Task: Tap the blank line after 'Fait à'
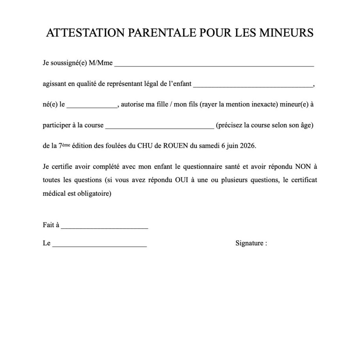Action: point(104,227)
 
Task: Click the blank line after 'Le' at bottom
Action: point(99,245)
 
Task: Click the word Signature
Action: point(249,243)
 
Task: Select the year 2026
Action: point(247,146)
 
